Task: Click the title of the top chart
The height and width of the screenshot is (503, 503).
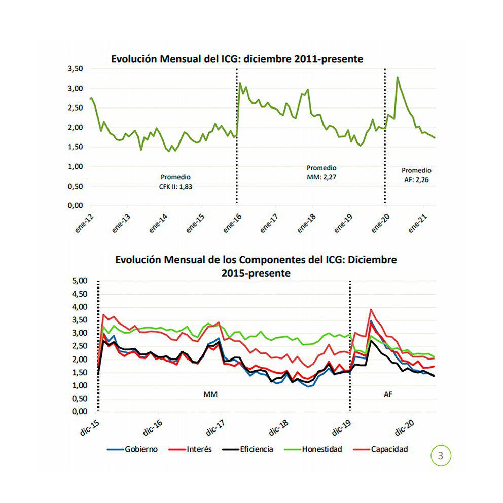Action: pos(237,59)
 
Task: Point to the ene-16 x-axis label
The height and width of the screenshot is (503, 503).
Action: pos(232,222)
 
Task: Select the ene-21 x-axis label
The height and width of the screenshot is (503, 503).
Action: pos(417,222)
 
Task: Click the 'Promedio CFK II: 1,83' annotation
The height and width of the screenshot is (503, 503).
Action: pos(175,182)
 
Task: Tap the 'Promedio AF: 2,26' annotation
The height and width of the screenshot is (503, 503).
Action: pos(416,175)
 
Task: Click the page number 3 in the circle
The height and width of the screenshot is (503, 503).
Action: pos(440,455)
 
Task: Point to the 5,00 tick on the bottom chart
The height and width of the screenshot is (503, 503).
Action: pos(81,281)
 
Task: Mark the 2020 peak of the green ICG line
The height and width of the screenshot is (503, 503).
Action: pos(398,78)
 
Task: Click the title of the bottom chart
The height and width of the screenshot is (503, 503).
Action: pos(256,266)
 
